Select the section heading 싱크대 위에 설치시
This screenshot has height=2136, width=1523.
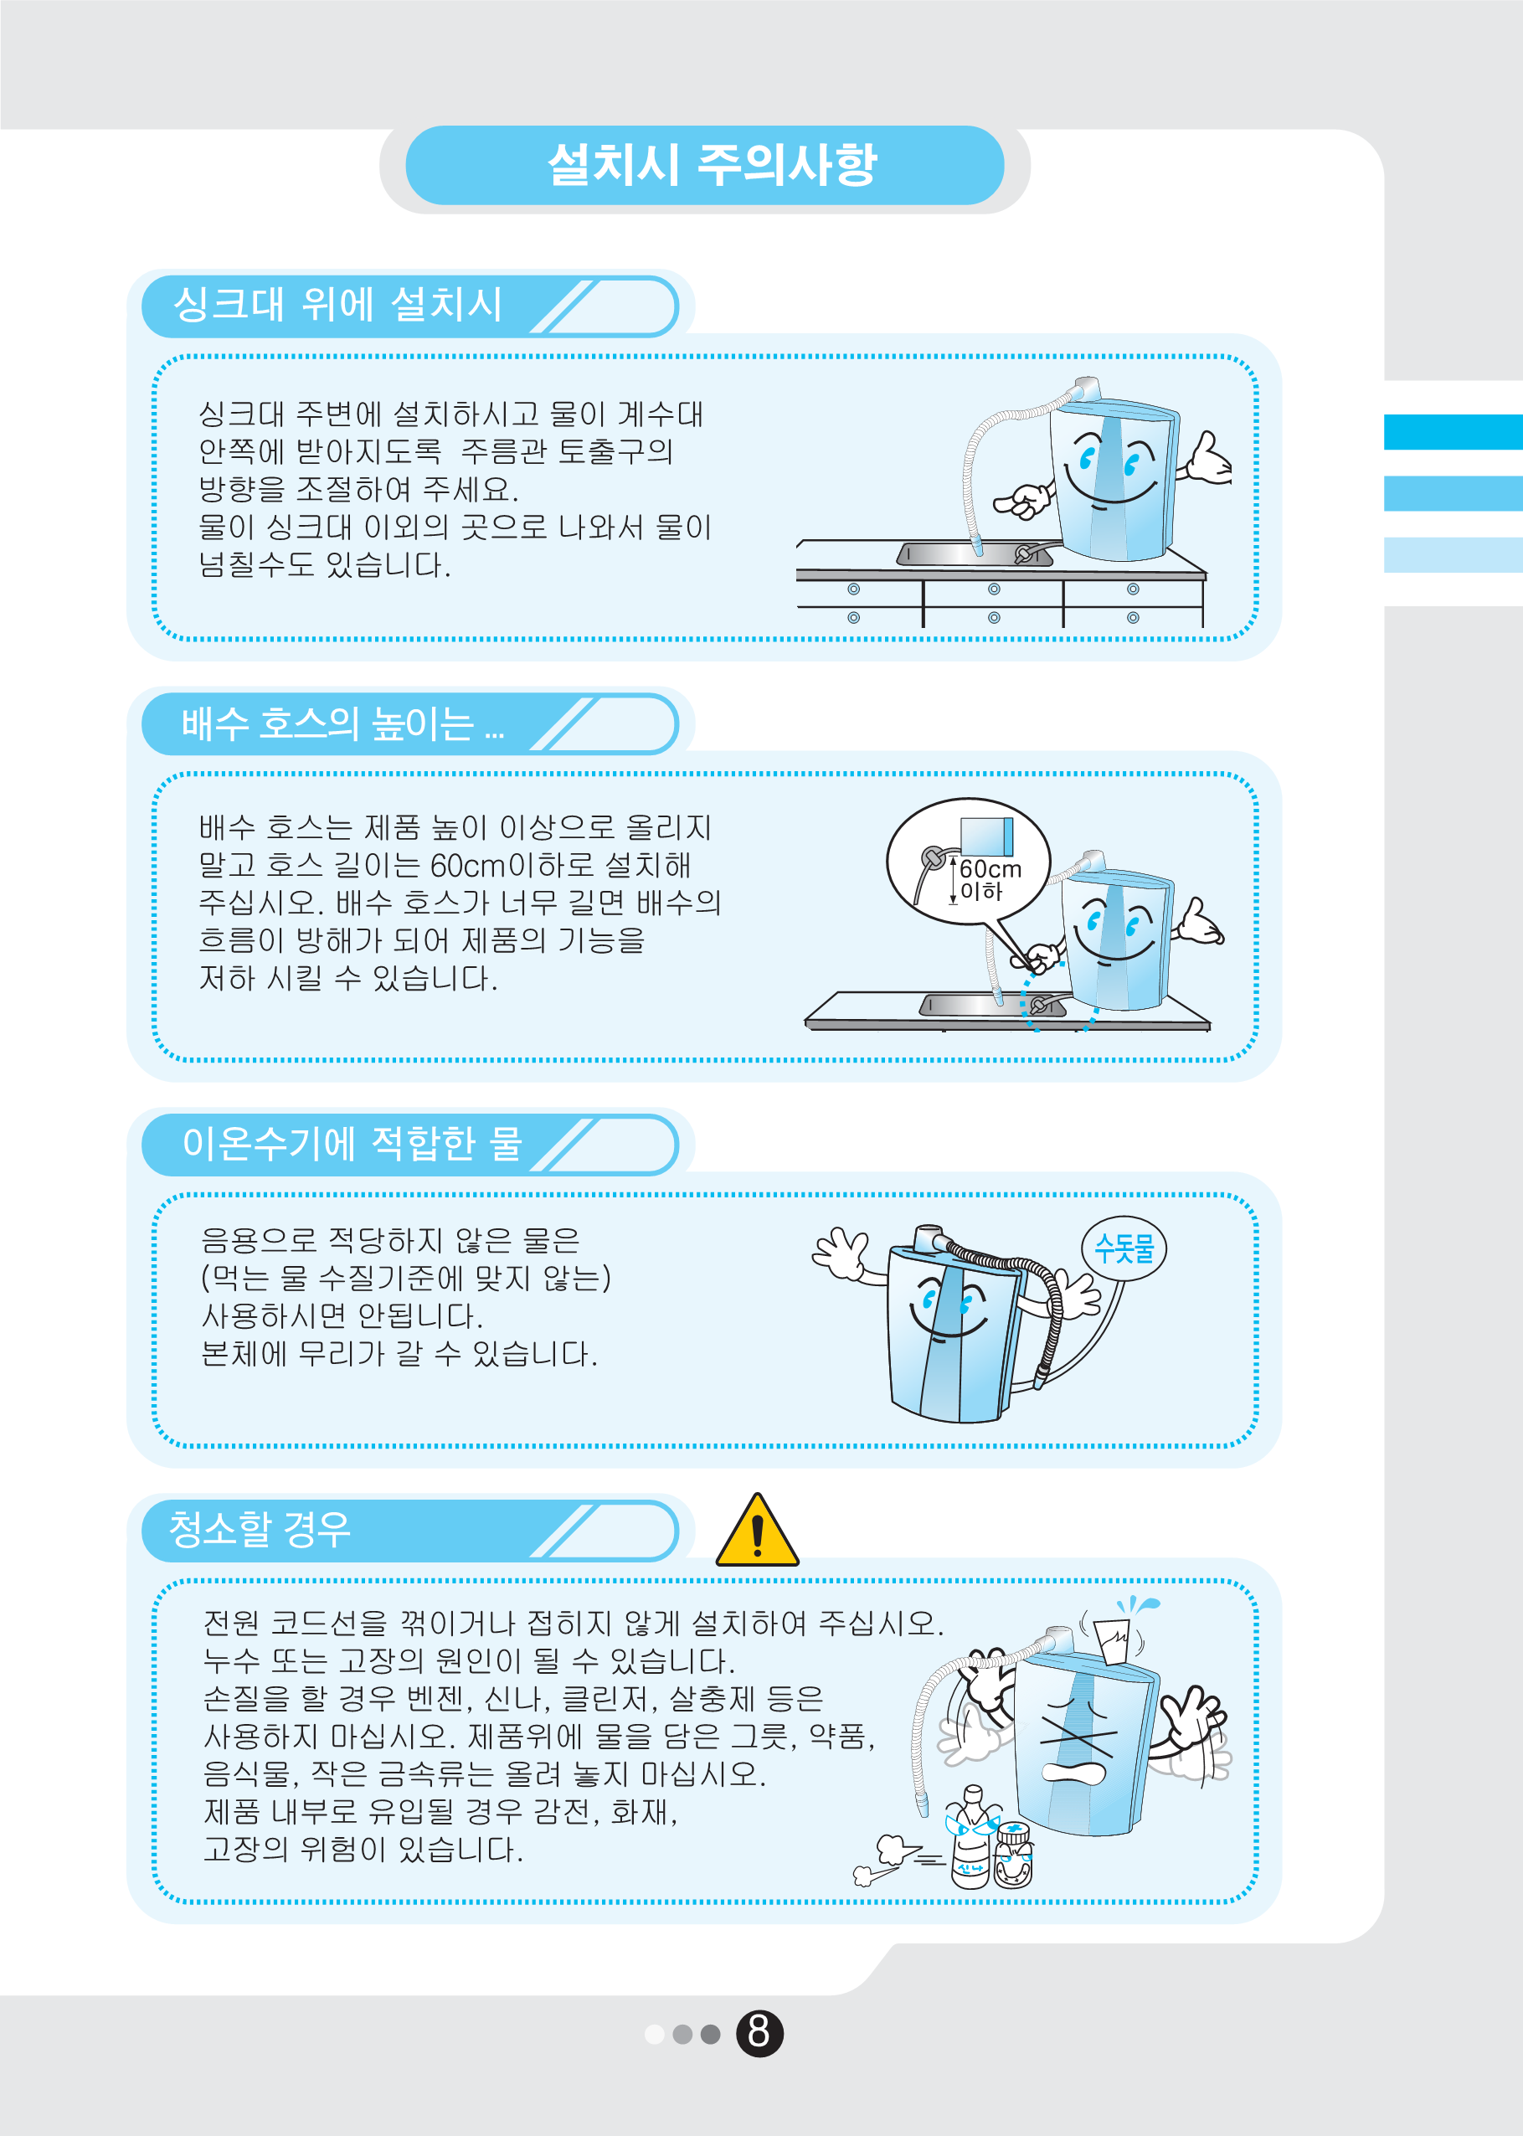tap(337, 305)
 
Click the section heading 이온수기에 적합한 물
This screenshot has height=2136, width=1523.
tap(352, 1143)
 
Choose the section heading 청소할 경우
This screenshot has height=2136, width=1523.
tap(259, 1529)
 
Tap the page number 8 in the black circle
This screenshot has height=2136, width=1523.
tap(759, 2033)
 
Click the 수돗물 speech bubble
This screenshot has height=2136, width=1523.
tap(1124, 1248)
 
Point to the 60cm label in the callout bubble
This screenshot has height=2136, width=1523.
tap(990, 869)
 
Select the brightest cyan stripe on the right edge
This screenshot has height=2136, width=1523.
tap(1453, 432)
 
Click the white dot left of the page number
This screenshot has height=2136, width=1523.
tap(655, 2034)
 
